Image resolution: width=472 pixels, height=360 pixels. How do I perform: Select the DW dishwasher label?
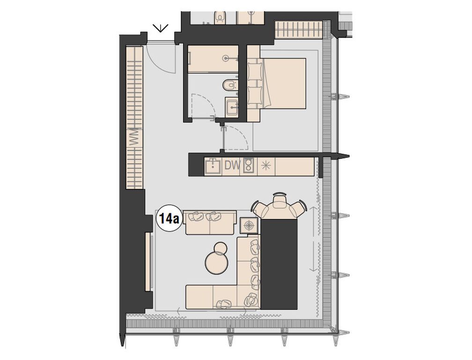pos(232,165)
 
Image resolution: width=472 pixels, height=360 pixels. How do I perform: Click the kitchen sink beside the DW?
pos(214,165)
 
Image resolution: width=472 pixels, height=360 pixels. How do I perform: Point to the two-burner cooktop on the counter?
pos(249,165)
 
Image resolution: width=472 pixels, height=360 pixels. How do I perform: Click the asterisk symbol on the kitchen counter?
pos(265,165)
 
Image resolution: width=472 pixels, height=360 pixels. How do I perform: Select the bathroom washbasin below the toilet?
pos(232,107)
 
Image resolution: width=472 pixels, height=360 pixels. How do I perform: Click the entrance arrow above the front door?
pos(161,28)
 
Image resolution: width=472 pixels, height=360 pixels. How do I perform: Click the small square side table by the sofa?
pos(249,225)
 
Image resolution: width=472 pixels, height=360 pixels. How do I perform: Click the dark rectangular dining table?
pos(279,263)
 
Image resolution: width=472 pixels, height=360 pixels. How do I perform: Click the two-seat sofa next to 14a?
pos(210,222)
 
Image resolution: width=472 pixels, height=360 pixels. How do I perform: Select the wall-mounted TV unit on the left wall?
pos(148,261)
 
